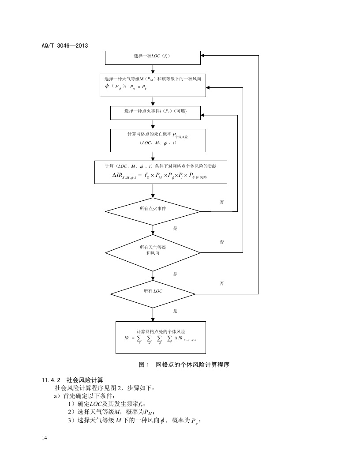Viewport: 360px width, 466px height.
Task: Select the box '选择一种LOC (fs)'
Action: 152,57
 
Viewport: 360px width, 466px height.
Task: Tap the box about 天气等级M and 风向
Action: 152,83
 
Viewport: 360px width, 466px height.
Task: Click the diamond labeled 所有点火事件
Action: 152,208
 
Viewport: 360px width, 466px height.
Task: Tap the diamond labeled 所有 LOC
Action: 153,291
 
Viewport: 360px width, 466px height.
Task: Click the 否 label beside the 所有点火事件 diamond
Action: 222,202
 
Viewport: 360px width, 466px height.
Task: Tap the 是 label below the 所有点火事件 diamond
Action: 175,229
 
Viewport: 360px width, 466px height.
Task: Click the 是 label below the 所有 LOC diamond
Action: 175,311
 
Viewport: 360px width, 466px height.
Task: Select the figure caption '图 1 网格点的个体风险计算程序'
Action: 184,365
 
